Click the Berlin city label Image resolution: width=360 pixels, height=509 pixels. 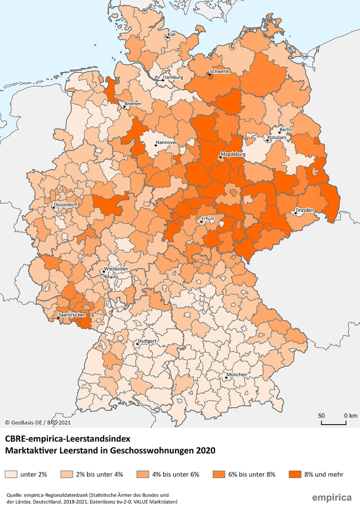(x=285, y=130)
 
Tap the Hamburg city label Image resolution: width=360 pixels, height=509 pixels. (x=173, y=78)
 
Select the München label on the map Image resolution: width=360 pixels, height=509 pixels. (x=236, y=375)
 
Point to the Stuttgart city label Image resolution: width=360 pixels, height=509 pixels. (x=147, y=341)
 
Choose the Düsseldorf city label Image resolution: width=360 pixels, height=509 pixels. (x=66, y=205)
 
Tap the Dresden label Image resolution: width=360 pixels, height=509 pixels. (x=305, y=210)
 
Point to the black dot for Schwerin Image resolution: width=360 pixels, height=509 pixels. (x=210, y=75)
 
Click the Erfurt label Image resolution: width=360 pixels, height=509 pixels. (x=207, y=218)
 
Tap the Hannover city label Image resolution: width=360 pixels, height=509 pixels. (x=166, y=143)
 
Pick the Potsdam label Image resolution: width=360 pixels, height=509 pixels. (x=277, y=138)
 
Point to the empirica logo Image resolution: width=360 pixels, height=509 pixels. (x=331, y=498)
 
